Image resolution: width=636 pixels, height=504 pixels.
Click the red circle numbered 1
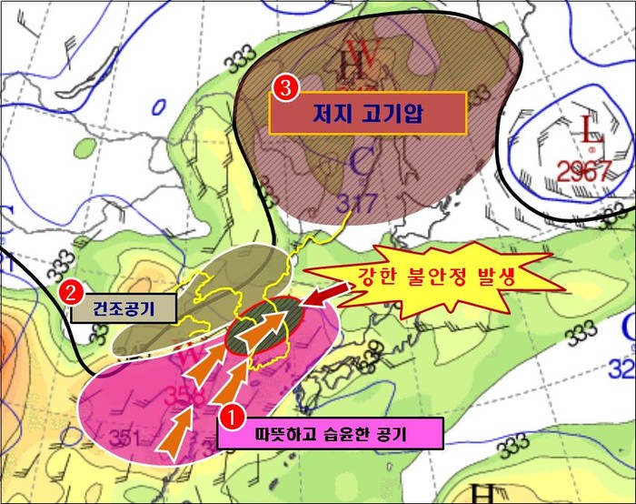click(234, 418)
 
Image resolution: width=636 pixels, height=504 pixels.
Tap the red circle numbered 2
click(69, 293)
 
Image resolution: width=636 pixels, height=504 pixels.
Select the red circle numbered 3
click(284, 89)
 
